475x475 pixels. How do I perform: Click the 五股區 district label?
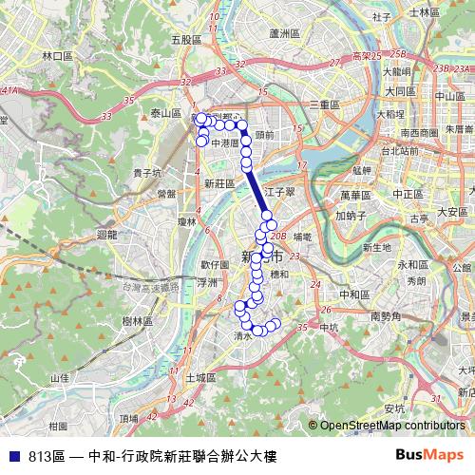pyautogui.click(x=187, y=40)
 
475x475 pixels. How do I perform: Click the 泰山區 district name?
pyautogui.click(x=165, y=112)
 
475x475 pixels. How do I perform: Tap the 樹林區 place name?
pyautogui.click(x=139, y=321)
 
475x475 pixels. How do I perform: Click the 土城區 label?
pyautogui.click(x=200, y=377)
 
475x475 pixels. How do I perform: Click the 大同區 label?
pyautogui.click(x=400, y=90)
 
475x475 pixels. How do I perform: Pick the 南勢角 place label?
pyautogui.click(x=387, y=315)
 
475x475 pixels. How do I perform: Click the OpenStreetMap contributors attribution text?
pyautogui.click(x=391, y=426)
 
